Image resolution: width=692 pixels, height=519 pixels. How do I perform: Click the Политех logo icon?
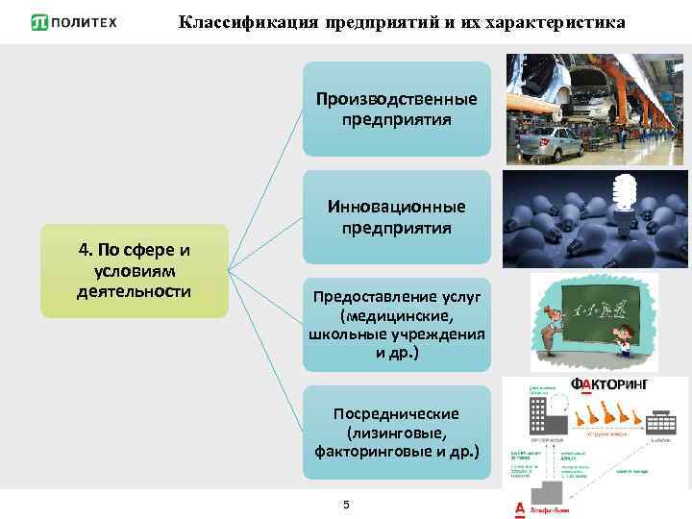coord(40,22)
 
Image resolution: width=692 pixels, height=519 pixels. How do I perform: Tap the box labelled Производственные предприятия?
coord(396,109)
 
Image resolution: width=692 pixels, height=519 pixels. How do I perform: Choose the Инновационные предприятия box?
coord(396,216)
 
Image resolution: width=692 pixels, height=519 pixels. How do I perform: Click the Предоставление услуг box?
coord(396,325)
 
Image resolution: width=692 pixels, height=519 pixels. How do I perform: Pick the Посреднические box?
coord(396,432)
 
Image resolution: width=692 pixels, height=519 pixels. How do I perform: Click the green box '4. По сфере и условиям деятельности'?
coord(134,271)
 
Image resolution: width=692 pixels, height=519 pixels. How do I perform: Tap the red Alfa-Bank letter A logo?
coord(520,508)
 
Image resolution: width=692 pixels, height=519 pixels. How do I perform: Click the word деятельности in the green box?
coord(135,290)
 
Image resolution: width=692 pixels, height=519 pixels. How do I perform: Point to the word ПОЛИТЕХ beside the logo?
coord(87,22)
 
